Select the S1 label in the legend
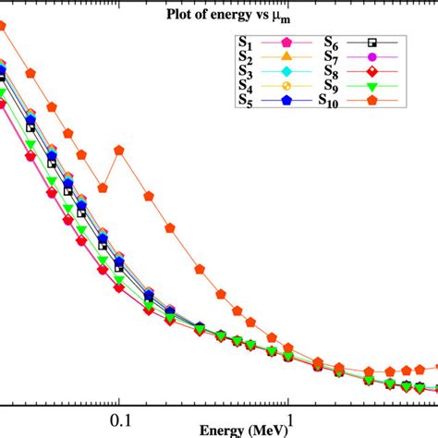coord(245,43)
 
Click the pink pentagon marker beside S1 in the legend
coord(285,43)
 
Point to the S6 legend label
coord(331,43)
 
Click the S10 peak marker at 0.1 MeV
coord(119,150)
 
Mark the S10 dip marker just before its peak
coord(103,187)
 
